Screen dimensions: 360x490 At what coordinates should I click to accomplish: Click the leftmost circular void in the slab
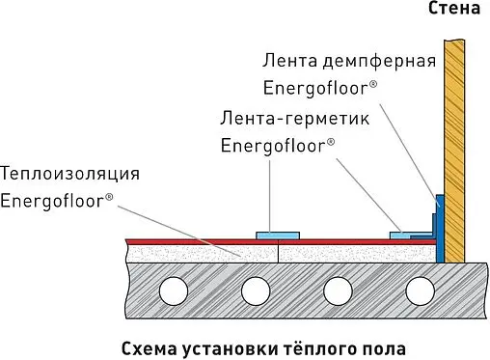(x=174, y=289)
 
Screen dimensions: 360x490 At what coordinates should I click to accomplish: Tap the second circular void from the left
(x=256, y=289)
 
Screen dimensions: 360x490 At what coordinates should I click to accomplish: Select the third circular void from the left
(x=338, y=289)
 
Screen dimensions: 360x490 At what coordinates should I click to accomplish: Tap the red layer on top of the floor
(x=193, y=239)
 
